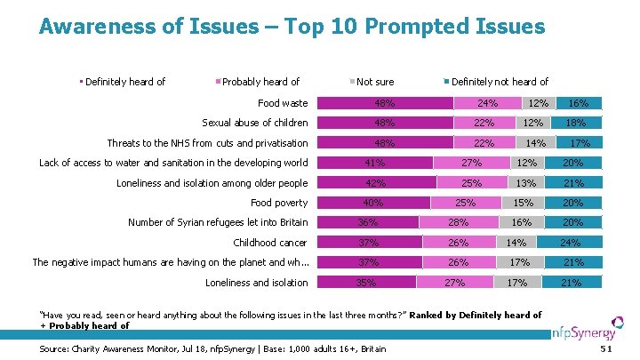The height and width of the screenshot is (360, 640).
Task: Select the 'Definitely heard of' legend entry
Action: [124, 82]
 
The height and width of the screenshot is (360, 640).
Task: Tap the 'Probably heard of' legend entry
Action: [260, 82]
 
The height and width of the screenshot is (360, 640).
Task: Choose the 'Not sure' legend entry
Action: [374, 82]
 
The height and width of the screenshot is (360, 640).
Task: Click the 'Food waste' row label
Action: [282, 103]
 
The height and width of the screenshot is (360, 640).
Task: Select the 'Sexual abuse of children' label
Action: [255, 123]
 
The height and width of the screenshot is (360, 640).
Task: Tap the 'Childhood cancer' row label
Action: [270, 243]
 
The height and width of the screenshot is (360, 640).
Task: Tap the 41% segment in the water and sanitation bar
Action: [375, 163]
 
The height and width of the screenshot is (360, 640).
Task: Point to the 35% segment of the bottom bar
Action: [364, 283]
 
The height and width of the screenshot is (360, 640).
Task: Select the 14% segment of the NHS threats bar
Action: [536, 143]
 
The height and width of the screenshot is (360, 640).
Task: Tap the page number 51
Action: [607, 348]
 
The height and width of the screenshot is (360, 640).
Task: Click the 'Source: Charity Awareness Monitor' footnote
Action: [213, 348]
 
